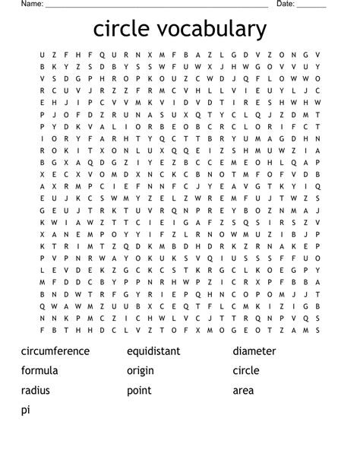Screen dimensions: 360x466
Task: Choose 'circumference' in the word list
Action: tap(55, 351)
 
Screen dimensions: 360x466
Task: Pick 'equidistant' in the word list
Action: tap(153, 351)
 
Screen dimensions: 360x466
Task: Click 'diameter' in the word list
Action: tap(254, 351)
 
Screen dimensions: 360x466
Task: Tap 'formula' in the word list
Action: tap(39, 371)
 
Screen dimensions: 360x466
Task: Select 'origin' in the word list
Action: tap(141, 371)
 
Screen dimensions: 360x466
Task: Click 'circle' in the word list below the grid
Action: tap(246, 371)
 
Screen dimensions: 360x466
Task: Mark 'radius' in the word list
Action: tap(36, 391)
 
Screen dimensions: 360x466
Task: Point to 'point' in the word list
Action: tap(139, 391)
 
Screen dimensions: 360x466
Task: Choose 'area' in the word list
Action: tap(243, 391)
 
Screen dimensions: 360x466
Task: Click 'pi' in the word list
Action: tap(26, 411)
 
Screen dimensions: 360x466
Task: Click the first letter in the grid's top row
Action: tap(43, 55)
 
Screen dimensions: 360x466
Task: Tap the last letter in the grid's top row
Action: tap(317, 55)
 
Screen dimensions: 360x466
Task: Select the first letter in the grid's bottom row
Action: tap(43, 331)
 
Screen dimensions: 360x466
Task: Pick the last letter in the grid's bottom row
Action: tap(317, 331)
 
